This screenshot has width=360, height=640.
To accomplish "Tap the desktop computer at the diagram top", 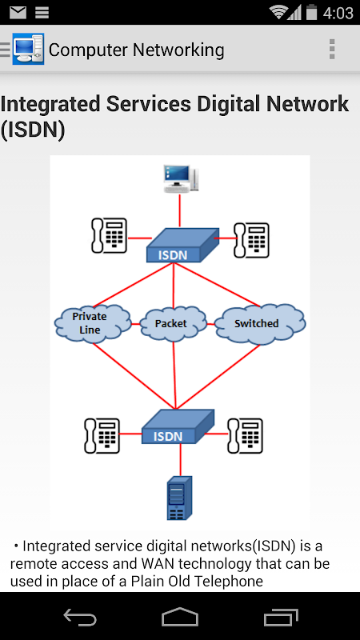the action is coord(181,178).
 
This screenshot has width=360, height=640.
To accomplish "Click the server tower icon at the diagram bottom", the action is coord(179,498).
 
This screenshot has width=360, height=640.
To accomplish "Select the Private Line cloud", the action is coord(93,322).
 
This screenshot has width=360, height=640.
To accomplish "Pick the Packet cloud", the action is coord(173,324).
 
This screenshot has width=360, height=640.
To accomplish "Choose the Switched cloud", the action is coord(259,324).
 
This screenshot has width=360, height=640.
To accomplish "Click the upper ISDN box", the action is coord(182,245).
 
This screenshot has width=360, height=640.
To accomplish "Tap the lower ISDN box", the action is coord(178,426).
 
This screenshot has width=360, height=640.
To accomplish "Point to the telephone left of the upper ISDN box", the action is coord(109,235).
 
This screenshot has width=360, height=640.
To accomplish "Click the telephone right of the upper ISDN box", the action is coord(251,240).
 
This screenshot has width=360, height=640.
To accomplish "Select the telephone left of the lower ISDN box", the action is coord(102,435).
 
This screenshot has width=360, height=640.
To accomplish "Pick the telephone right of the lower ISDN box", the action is coord(245,435).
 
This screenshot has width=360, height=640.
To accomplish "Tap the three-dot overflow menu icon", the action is coord(332,50).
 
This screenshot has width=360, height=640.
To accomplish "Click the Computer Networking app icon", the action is coord(28,49).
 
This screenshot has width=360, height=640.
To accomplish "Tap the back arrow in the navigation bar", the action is coord(80,616).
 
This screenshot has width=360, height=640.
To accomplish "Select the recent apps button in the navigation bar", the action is coord(281,617).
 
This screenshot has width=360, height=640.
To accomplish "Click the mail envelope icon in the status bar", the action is coord(18,13).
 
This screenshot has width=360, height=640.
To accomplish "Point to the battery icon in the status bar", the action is coord(311,12).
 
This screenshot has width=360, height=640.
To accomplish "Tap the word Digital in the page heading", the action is coord(235,104).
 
